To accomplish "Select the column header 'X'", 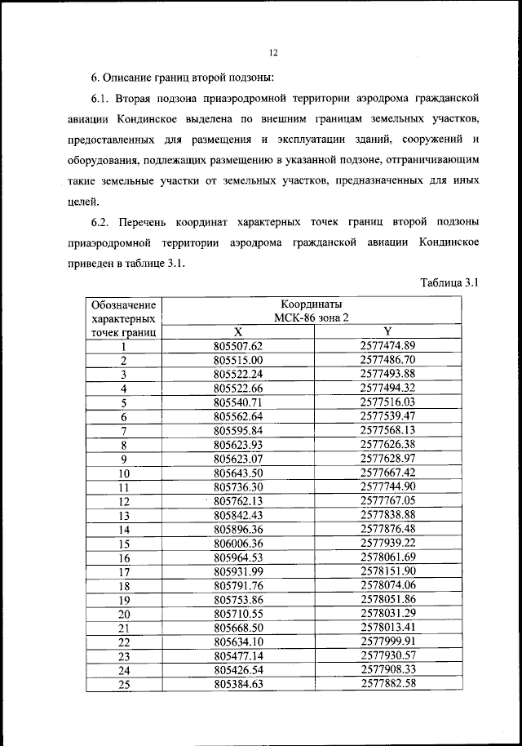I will [x=238, y=332].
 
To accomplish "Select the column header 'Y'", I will [x=388, y=332].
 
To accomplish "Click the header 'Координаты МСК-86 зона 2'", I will [x=313, y=310].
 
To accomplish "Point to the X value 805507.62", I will [x=238, y=345].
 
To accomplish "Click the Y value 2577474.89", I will [x=388, y=345].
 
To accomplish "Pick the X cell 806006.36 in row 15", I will [x=238, y=543].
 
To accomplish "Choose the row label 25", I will [x=125, y=684].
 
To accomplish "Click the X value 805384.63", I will [x=238, y=684].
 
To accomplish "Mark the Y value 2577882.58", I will [x=388, y=684].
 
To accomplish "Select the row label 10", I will [x=125, y=473].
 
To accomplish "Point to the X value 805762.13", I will [x=238, y=500].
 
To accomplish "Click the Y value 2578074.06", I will [x=388, y=585].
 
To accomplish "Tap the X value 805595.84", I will [x=238, y=430].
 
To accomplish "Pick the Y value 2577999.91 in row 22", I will [x=388, y=642].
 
